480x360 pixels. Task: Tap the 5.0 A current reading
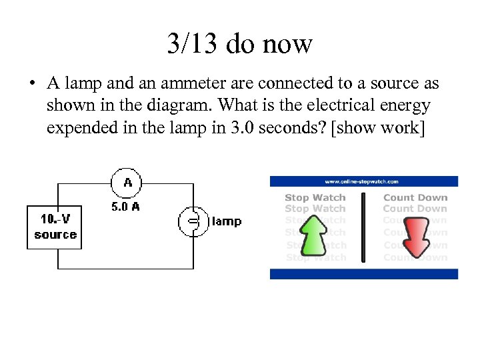point(125,207)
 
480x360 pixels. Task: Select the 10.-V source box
point(55,227)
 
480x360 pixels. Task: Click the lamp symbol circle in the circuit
point(193,221)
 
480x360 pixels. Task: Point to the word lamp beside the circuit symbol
point(226,221)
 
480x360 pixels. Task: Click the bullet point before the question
point(31,85)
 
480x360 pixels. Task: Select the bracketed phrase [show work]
point(376,127)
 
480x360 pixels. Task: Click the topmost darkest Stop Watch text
point(315,197)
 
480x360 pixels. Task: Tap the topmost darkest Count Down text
point(415,197)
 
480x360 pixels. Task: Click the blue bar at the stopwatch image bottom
point(364,274)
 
